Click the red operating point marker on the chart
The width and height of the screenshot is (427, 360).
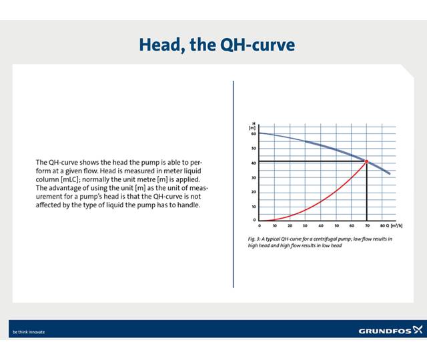(366, 161)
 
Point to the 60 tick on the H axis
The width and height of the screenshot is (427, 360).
(254, 133)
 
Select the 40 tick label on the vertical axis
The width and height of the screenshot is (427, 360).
(254, 163)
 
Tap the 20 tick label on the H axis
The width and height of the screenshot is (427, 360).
(254, 192)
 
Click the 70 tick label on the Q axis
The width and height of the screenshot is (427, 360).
(367, 226)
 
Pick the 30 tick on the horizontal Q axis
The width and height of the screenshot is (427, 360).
(306, 226)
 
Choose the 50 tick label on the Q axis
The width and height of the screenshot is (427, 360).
(336, 226)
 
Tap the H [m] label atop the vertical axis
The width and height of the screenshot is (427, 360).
(253, 125)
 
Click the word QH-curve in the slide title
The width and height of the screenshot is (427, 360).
(256, 45)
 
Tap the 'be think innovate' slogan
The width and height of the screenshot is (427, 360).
(29, 331)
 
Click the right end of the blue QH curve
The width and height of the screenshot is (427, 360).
(390, 173)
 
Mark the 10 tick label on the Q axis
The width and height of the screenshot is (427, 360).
(275, 226)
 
